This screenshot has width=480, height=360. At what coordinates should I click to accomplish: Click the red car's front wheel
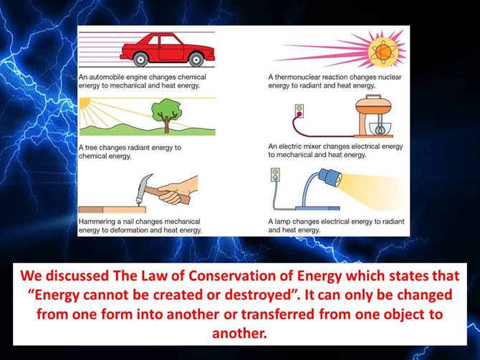pyautogui.click(x=196, y=59)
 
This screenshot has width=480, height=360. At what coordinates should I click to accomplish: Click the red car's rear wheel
pyautogui.click(x=141, y=59)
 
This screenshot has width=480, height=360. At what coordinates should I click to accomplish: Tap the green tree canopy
pyautogui.click(x=166, y=109)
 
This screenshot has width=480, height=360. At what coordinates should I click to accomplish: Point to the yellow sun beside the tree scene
pyautogui.click(x=85, y=103)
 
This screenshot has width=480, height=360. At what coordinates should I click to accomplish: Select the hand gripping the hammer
pyautogui.click(x=178, y=189)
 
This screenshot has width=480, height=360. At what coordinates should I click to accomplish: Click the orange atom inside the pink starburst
pyautogui.click(x=383, y=52)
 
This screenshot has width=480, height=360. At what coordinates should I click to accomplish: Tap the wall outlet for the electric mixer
pyautogui.click(x=299, y=112)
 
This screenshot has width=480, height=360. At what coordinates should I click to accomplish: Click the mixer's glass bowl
pyautogui.click(x=380, y=129)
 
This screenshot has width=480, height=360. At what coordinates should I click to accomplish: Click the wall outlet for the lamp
pyautogui.click(x=275, y=175)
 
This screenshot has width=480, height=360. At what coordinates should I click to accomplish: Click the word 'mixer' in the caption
pyautogui.click(x=312, y=146)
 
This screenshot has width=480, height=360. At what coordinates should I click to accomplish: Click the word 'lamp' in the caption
pyautogui.click(x=282, y=222)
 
